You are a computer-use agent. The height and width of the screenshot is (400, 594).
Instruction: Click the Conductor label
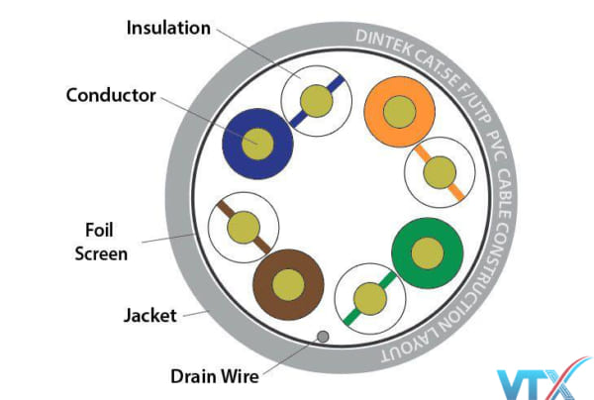110,96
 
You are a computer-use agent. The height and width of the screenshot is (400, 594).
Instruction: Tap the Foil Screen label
104,242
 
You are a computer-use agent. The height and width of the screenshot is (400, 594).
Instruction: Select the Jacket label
149,316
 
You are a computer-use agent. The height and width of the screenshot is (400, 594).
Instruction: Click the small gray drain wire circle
321,338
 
